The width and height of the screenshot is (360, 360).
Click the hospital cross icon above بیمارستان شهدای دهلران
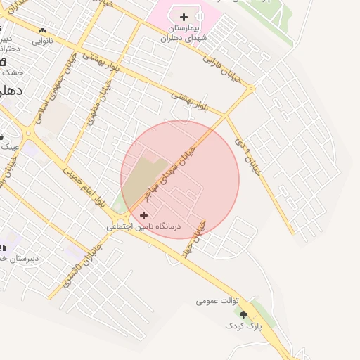tap(184, 17)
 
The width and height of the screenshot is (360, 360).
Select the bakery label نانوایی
tap(42, 41)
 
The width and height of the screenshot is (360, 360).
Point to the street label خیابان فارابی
tap(221, 68)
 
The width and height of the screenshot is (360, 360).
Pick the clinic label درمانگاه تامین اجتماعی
tap(143, 227)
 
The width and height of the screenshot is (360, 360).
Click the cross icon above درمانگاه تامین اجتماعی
tap(144, 215)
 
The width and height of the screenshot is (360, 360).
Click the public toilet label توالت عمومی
tap(218, 301)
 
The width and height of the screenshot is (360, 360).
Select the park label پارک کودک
tap(243, 326)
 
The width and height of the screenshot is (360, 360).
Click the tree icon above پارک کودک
tap(243, 315)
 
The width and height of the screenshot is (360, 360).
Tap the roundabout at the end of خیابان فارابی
tap(250, 89)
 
